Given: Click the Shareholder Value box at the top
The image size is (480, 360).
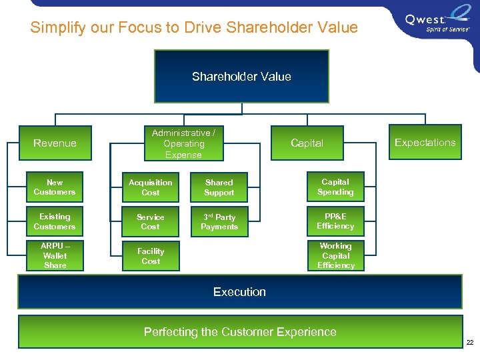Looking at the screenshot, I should (x=241, y=77).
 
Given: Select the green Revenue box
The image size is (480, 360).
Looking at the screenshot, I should (x=55, y=143).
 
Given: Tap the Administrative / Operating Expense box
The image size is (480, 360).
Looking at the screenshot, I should (x=183, y=143).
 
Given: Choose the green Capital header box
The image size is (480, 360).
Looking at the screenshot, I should (x=307, y=143).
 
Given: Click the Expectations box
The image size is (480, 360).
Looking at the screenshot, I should (x=425, y=142).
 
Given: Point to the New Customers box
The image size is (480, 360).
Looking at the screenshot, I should (x=55, y=187).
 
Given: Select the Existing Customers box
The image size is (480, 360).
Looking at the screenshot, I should (x=55, y=221).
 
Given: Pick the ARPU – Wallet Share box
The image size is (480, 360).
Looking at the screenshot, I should (x=55, y=255).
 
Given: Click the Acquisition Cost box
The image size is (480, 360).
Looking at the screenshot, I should (x=150, y=187).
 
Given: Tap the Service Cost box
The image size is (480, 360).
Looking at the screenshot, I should (x=150, y=221).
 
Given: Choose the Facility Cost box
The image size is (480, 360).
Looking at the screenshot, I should (x=150, y=256).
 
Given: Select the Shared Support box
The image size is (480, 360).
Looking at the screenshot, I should (x=219, y=187).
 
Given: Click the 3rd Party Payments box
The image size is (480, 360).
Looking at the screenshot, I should (x=219, y=221).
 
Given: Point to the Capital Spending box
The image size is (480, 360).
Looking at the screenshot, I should (x=335, y=187).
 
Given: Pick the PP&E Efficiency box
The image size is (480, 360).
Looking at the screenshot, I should (x=335, y=221).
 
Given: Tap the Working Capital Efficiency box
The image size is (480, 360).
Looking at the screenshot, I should (x=335, y=255).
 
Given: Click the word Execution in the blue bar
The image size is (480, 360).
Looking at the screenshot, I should (x=239, y=292).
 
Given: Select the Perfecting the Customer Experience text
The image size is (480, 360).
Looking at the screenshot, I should (x=240, y=332).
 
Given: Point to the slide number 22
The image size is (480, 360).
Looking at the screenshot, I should (x=469, y=342).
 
